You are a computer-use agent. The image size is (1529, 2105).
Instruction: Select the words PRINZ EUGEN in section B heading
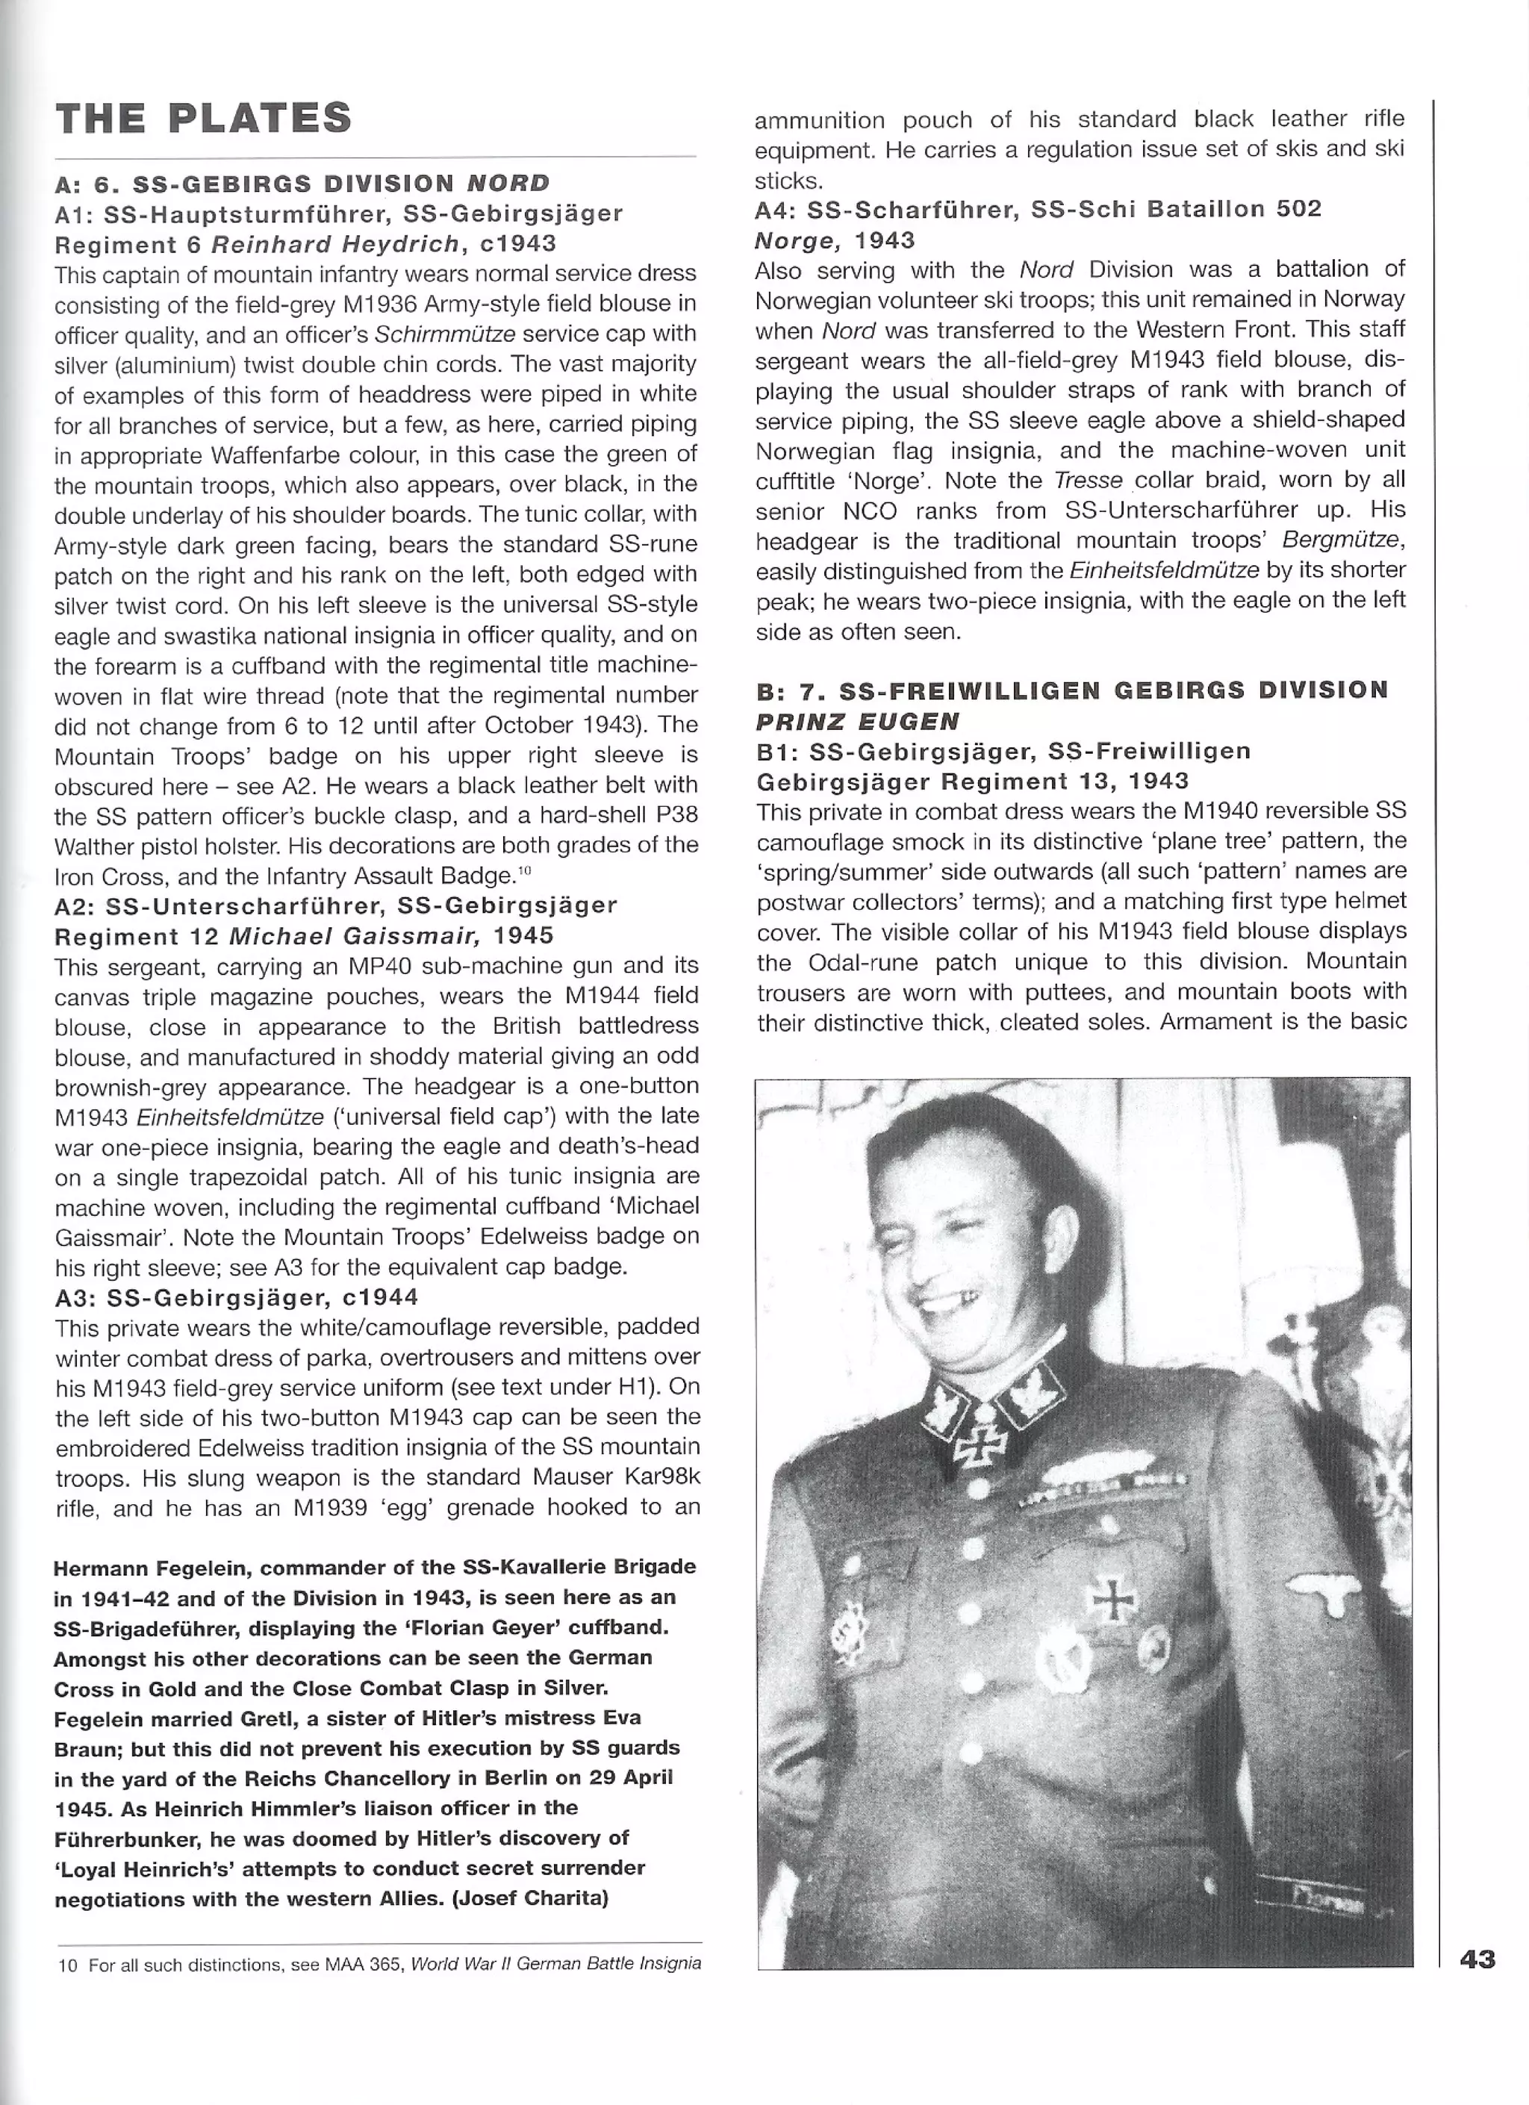(858, 720)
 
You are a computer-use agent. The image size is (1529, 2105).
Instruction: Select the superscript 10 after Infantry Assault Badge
(523, 870)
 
